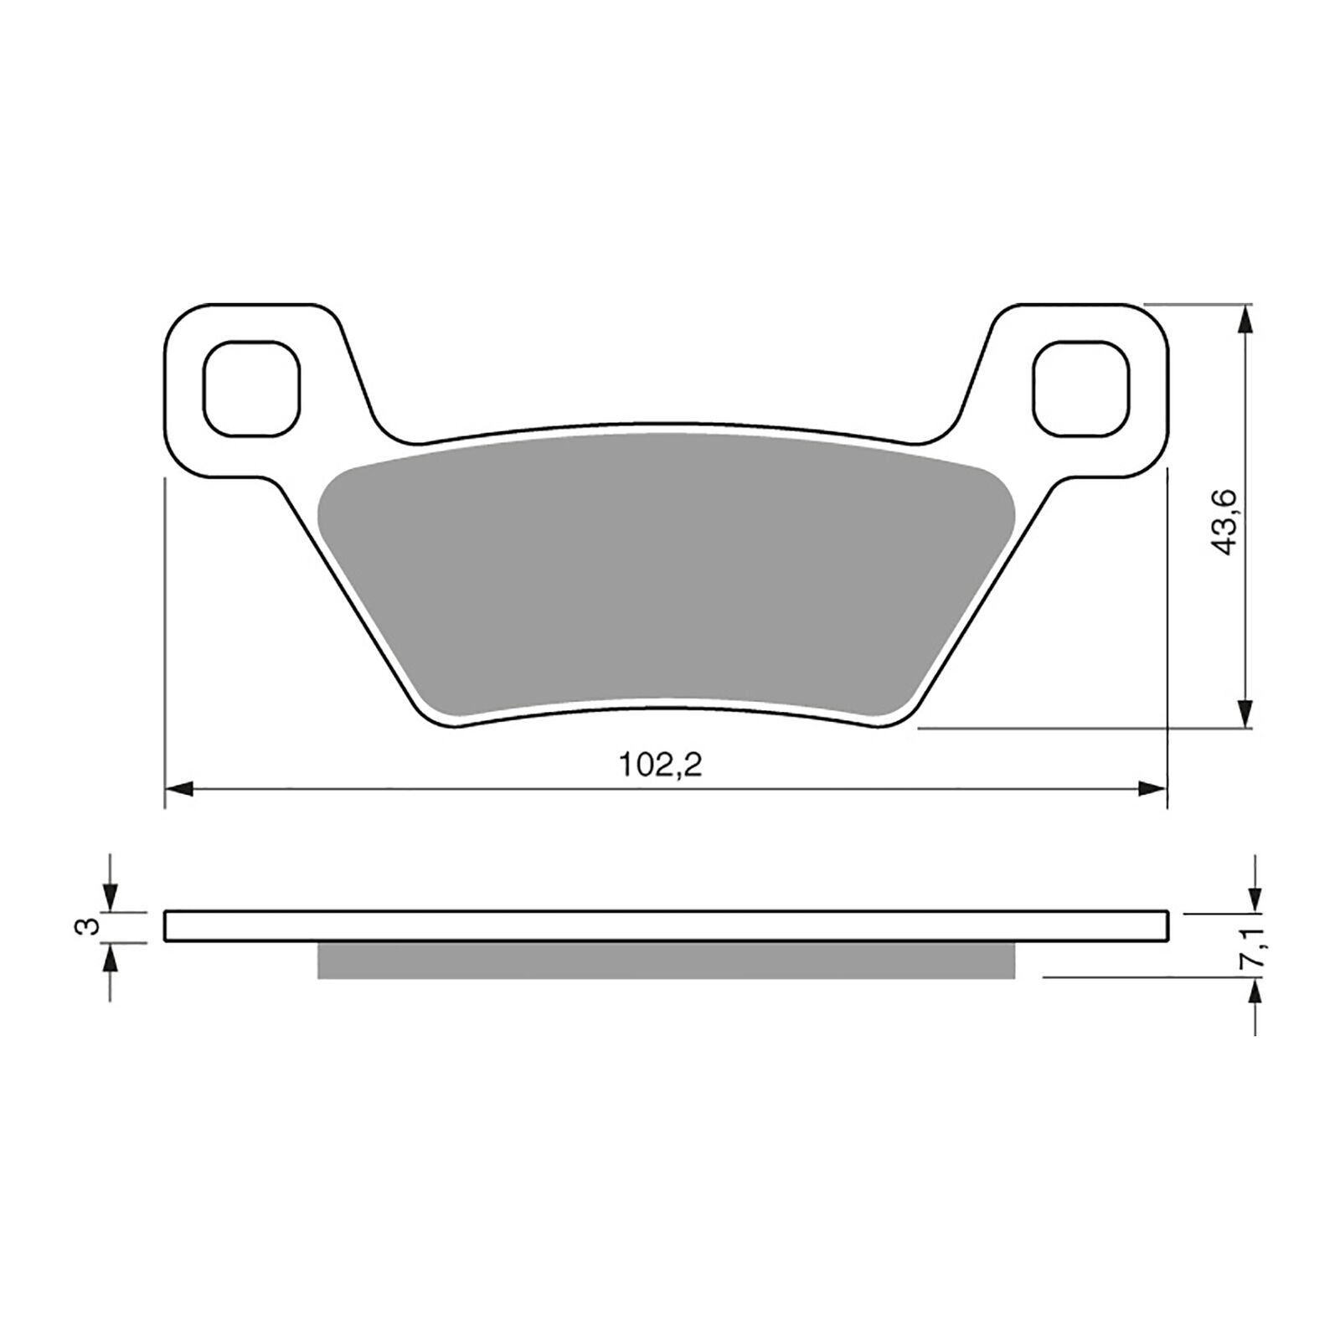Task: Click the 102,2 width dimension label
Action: click(x=660, y=765)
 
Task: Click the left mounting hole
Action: click(x=251, y=389)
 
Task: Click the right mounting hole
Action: click(x=1081, y=389)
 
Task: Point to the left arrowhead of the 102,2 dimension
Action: click(x=178, y=788)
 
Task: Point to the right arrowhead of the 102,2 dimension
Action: click(x=1153, y=788)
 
